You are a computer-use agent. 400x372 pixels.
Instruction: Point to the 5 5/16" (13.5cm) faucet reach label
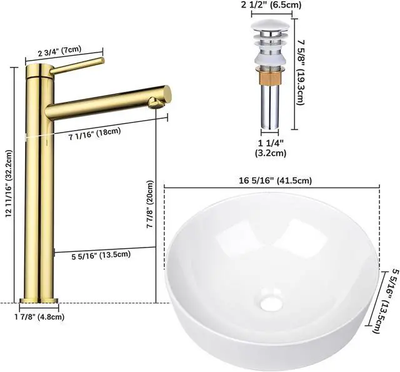tap(100, 254)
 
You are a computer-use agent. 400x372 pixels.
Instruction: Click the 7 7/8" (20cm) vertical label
tap(149, 206)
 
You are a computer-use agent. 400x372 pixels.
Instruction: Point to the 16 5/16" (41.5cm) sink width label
tap(275, 180)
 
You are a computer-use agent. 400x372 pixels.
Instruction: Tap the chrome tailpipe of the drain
tap(270, 109)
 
